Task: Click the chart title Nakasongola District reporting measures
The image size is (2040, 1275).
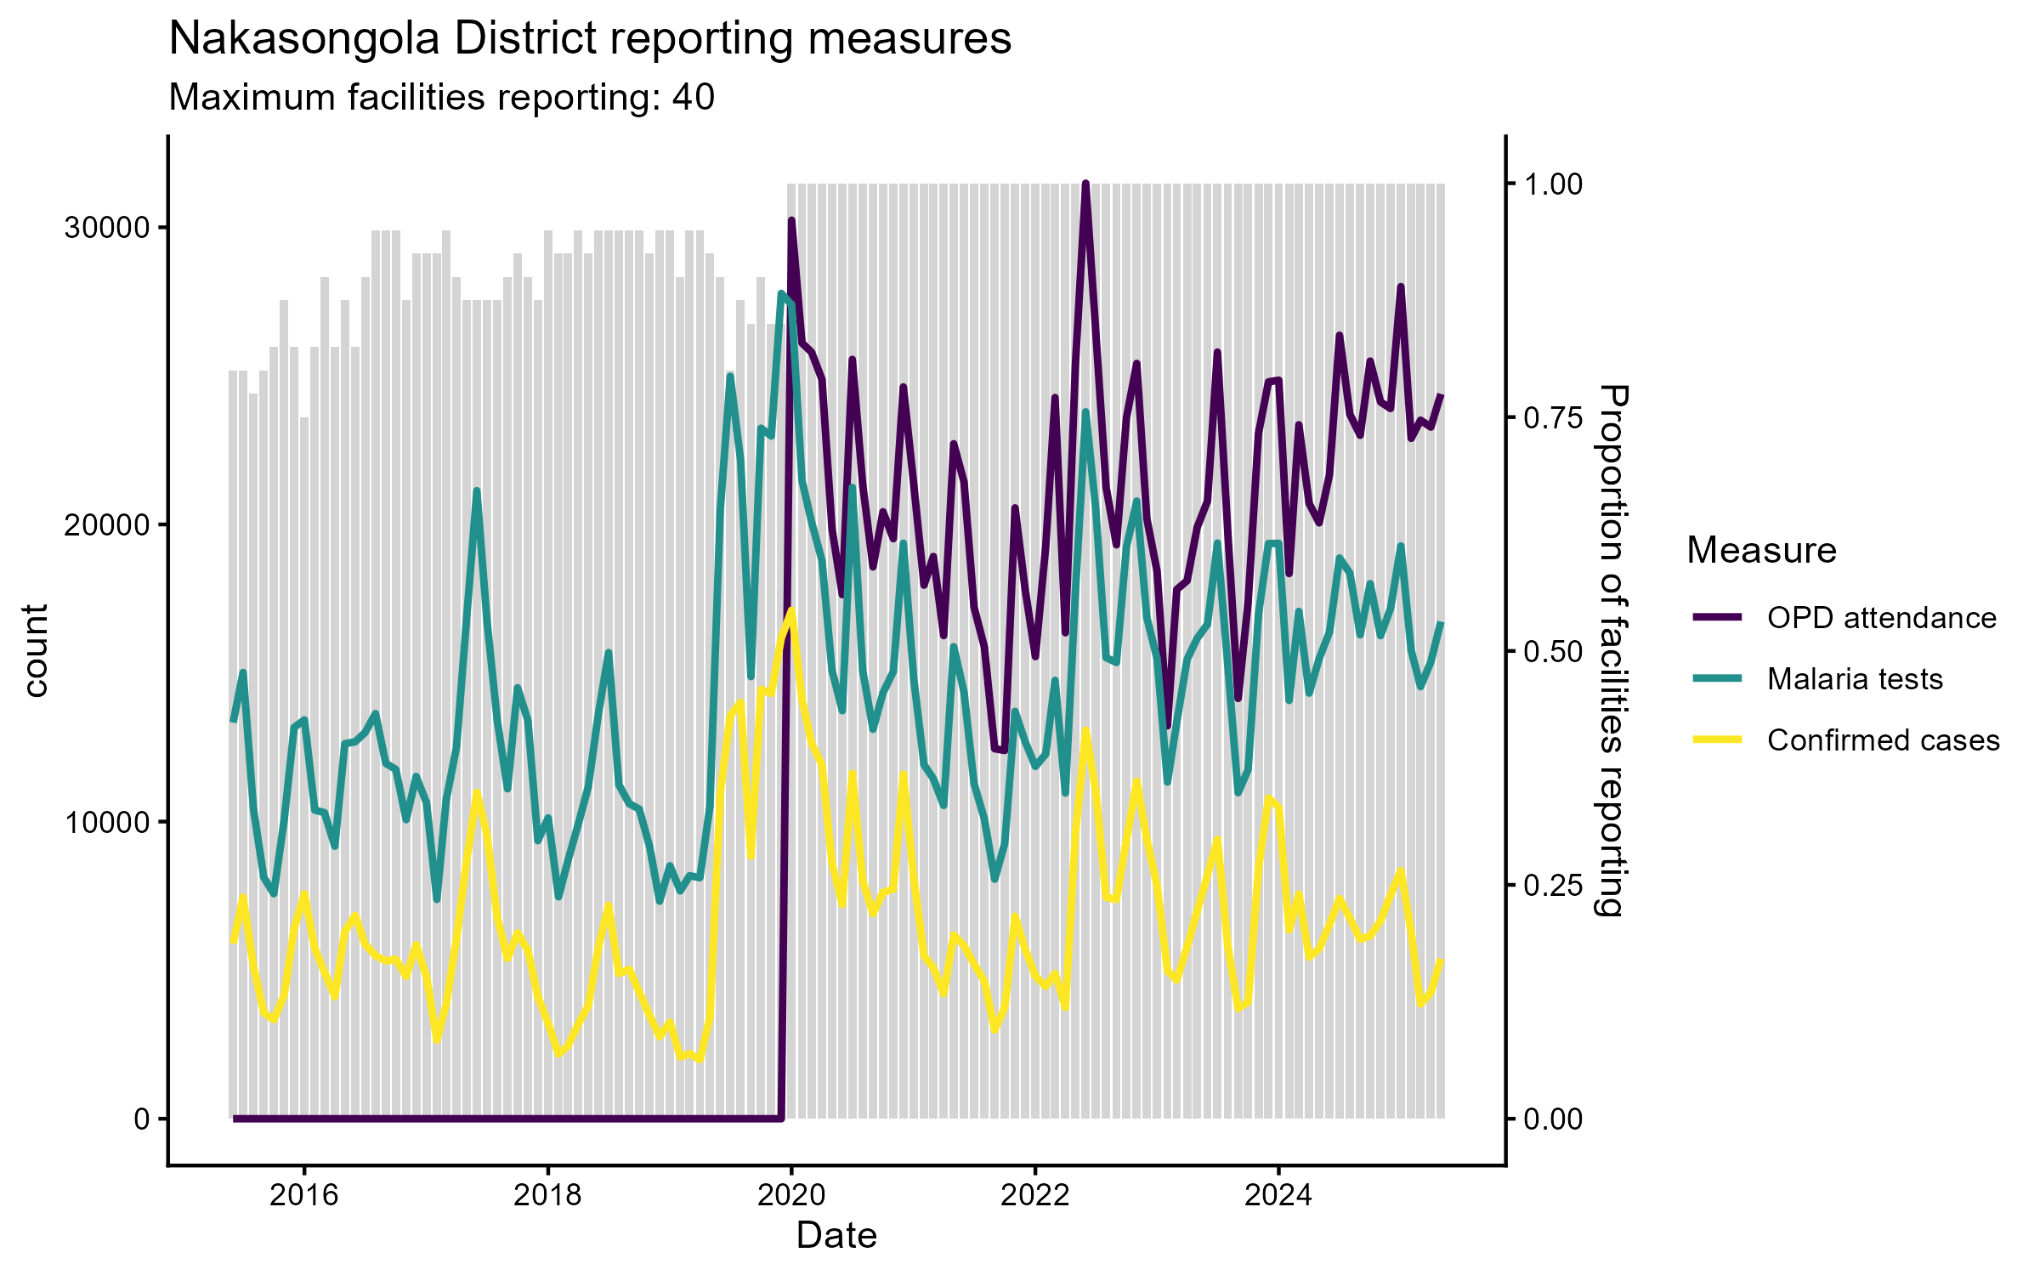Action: point(590,39)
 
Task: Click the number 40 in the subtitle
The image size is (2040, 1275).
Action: point(693,98)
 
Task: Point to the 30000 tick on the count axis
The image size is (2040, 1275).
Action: point(107,228)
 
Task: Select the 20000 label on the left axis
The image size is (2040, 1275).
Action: point(107,525)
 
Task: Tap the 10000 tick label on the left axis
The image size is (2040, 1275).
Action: point(107,822)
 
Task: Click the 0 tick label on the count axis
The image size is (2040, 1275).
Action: point(141,1119)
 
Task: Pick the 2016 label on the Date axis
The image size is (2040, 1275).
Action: point(303,1196)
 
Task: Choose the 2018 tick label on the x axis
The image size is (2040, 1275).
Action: point(547,1196)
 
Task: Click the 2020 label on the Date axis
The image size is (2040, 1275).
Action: point(791,1196)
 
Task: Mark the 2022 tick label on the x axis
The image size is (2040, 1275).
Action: point(1034,1196)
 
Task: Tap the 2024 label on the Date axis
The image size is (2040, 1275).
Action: point(1278,1196)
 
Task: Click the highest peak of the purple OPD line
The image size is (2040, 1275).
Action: point(1085,184)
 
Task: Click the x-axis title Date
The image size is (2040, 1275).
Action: point(836,1236)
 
